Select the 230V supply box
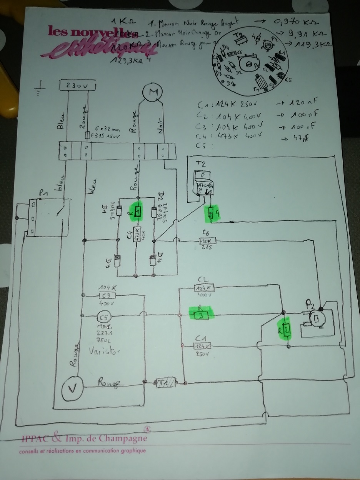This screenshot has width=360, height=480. tap(77, 86)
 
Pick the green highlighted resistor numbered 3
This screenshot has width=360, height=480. tap(201, 315)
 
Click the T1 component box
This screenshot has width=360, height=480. tap(164, 383)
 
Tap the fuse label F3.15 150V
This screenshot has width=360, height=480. tap(107, 136)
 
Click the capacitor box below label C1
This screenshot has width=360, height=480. tap(202, 346)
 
